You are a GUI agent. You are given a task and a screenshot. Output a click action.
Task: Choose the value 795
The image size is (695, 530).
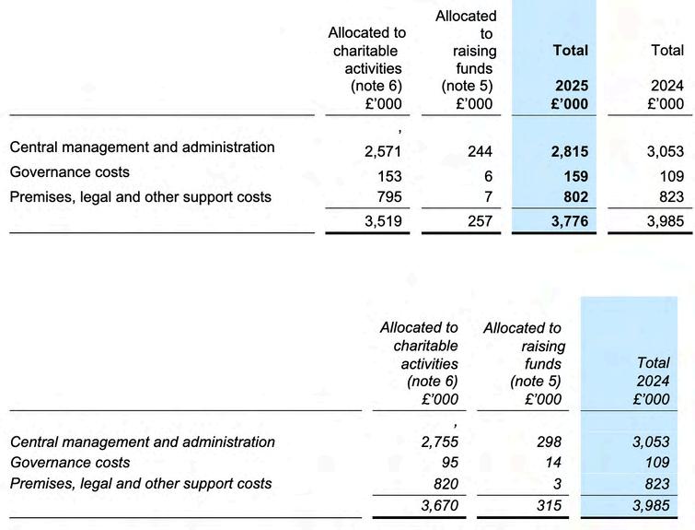(388, 197)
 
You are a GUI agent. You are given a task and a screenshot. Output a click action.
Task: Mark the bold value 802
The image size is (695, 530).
(573, 197)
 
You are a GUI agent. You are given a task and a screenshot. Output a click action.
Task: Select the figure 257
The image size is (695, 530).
(479, 221)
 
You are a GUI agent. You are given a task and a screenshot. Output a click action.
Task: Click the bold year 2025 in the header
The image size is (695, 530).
(571, 86)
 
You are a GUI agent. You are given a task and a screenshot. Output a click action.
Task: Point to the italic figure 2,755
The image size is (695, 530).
(439, 442)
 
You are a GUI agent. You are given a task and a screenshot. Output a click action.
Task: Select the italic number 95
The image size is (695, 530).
(448, 463)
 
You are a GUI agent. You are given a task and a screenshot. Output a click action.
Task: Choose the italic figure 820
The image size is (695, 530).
(445, 484)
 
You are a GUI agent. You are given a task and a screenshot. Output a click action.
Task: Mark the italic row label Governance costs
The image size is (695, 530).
(70, 463)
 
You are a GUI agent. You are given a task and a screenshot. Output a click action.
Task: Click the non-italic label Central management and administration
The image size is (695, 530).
(142, 147)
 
